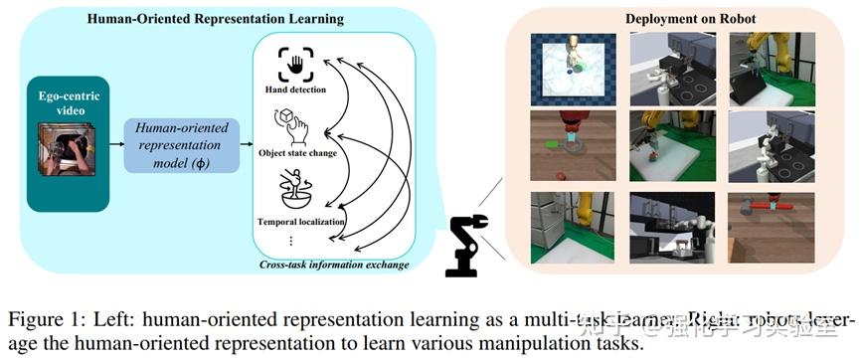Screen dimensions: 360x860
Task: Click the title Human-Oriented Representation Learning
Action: coord(217,19)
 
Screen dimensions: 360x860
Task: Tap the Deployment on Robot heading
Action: coord(676,19)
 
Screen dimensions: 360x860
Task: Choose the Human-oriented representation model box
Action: coord(182,143)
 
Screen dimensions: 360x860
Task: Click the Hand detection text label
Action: coord(294,90)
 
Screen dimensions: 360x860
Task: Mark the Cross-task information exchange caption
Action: coord(334,264)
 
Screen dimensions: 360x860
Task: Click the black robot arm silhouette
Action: coord(465,245)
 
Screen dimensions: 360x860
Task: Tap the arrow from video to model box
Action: coord(112,144)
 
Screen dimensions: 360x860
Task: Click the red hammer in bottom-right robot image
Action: coord(774,208)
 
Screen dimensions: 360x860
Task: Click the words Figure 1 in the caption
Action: coord(46,320)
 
